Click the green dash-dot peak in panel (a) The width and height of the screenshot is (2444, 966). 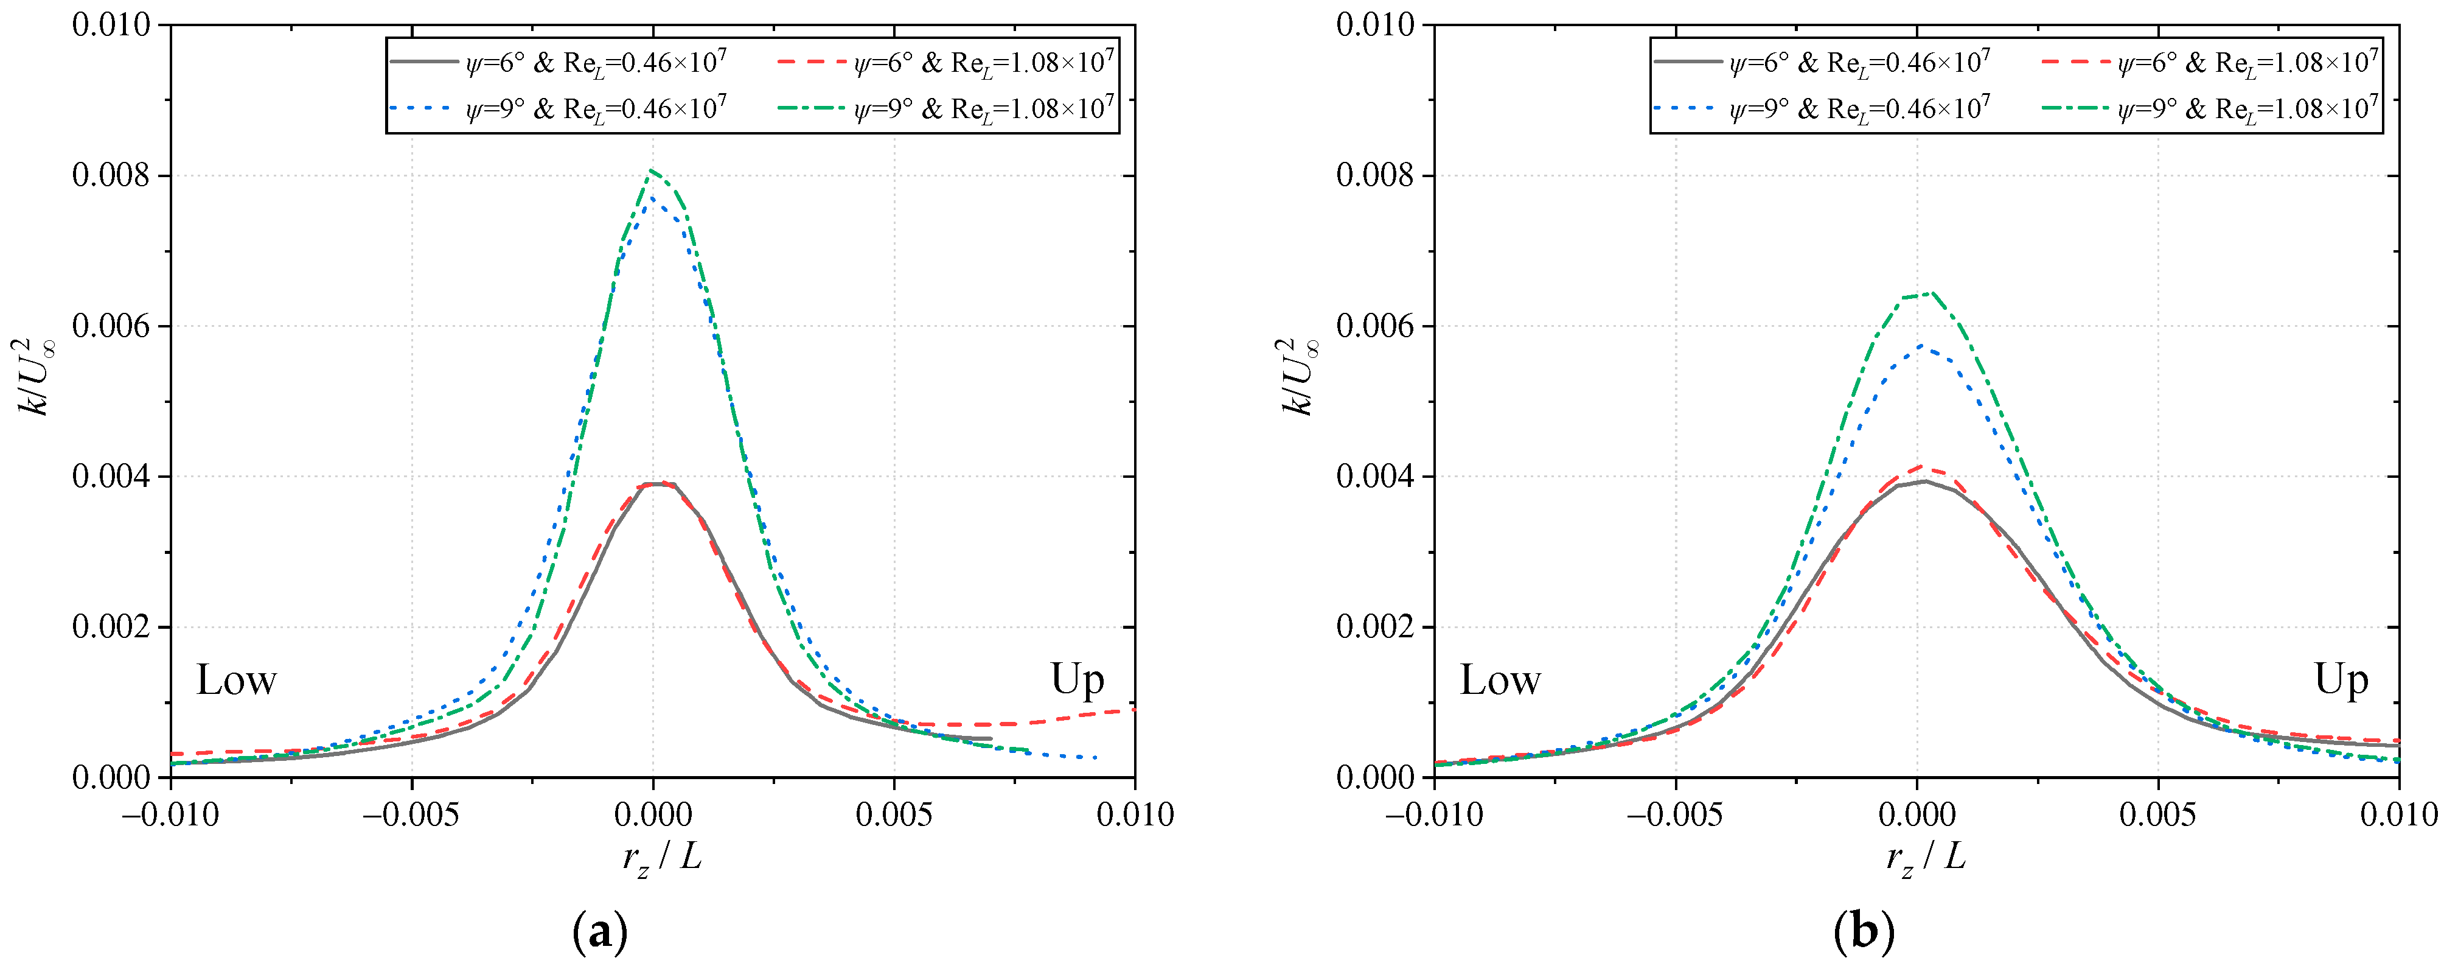[652, 171]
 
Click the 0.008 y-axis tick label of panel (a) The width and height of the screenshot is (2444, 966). [111, 175]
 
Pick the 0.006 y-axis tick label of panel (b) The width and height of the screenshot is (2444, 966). [1375, 326]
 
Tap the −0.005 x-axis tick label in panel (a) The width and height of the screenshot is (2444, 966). [411, 814]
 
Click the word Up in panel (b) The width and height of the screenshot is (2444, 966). [2341, 679]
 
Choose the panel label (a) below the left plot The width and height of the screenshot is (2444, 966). [601, 932]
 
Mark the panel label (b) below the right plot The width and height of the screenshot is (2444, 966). [1864, 932]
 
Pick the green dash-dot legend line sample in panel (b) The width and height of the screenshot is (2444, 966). [2075, 109]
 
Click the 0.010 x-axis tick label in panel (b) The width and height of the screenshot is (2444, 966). [2398, 814]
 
